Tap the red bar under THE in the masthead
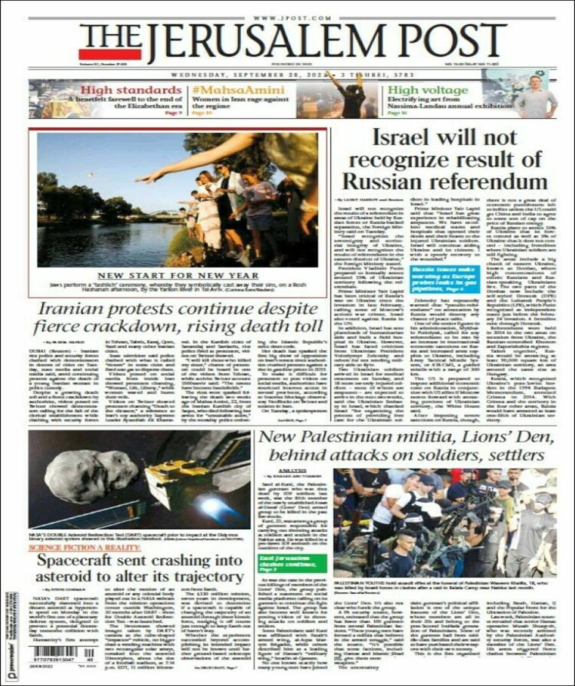click(x=110, y=55)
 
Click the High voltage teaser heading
click(x=418, y=89)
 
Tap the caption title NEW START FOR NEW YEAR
click(x=178, y=276)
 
